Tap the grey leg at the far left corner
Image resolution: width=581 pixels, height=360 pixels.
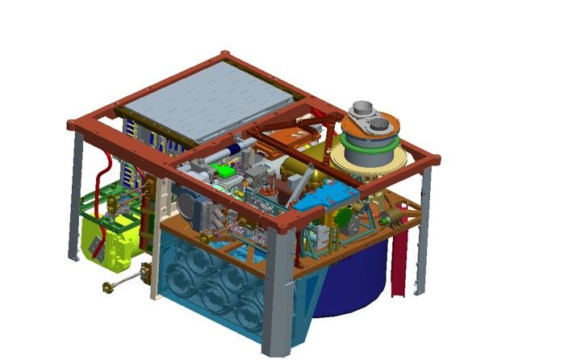77,198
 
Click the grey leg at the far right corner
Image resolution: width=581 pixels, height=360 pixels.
422,226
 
